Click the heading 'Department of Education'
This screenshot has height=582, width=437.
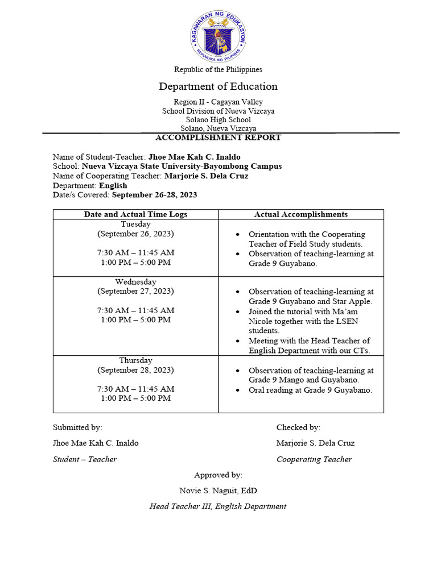point(218,86)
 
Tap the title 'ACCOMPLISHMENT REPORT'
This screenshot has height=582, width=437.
point(218,138)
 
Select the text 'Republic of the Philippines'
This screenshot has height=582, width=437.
point(218,69)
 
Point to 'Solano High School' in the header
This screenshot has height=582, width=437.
point(218,120)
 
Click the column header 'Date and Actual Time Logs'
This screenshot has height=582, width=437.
point(135,214)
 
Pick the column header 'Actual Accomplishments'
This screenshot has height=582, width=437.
point(300,214)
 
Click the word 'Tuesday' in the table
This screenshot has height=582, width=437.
point(135,225)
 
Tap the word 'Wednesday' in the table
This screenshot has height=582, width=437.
point(135,282)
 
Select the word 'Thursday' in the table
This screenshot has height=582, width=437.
point(135,360)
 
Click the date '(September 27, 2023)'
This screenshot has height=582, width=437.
point(135,291)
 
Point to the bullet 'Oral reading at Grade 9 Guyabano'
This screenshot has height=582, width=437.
point(310,390)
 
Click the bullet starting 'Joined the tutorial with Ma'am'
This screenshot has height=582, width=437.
point(303,321)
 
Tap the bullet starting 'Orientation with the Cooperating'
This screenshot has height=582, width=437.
point(307,239)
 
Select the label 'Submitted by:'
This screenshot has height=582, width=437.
point(77,427)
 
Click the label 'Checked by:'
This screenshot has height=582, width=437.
point(298,427)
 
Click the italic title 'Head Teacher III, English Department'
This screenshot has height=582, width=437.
point(218,506)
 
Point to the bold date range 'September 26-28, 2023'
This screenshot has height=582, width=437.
point(155,195)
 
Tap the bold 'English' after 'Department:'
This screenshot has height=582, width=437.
point(113,185)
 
